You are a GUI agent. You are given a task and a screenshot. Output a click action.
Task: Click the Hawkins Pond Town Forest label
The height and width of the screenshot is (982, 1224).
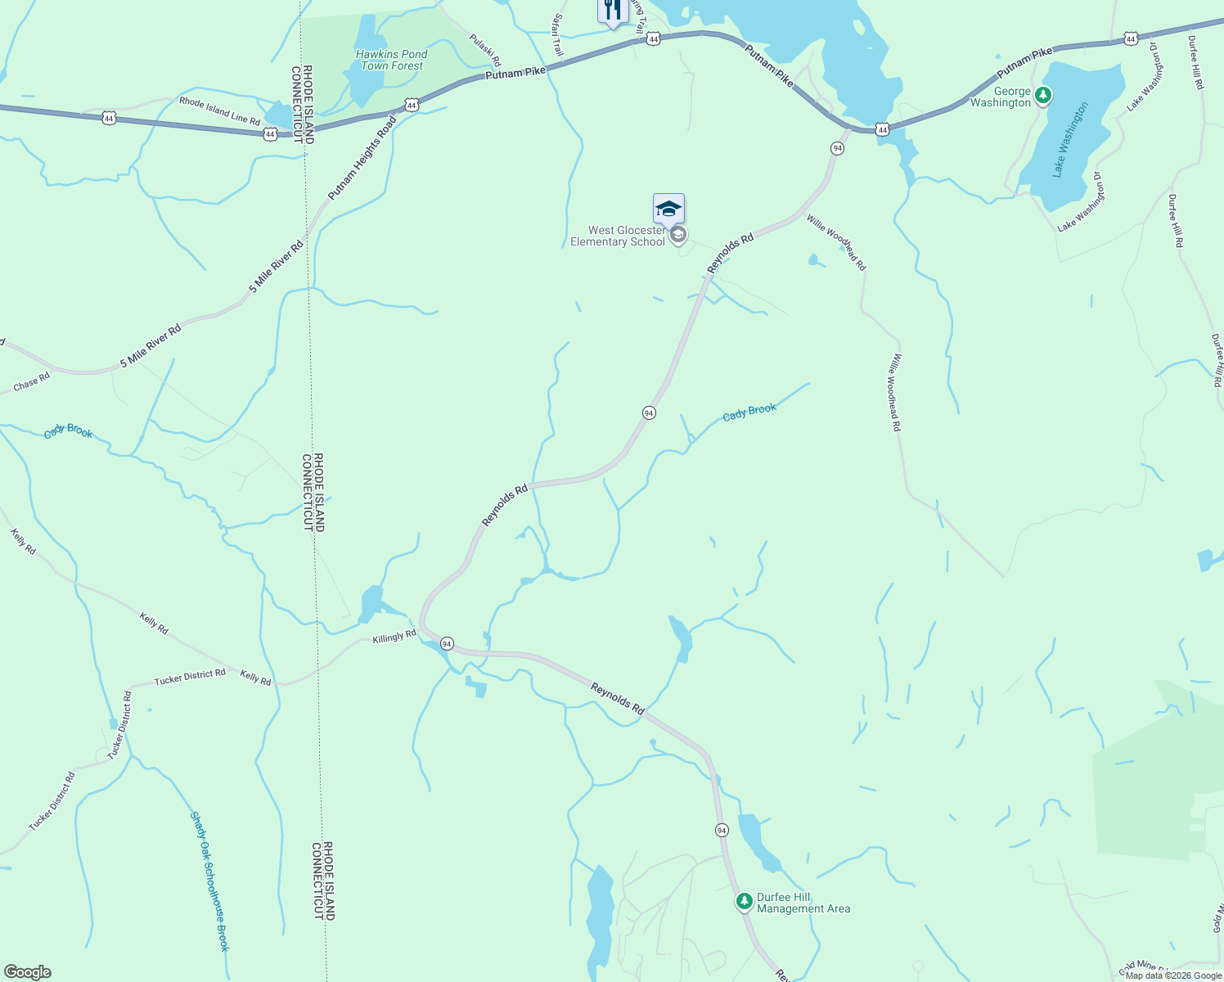(x=391, y=60)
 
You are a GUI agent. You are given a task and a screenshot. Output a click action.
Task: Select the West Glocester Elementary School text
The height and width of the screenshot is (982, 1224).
(x=618, y=236)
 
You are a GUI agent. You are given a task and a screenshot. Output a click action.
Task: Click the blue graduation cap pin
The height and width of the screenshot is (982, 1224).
(x=668, y=209)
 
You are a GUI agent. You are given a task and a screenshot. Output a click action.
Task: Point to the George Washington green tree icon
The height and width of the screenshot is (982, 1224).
(x=1042, y=97)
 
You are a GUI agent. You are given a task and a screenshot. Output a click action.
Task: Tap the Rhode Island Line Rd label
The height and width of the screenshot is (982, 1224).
(x=219, y=111)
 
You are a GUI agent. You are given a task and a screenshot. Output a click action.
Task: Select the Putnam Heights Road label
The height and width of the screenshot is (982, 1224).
(x=362, y=159)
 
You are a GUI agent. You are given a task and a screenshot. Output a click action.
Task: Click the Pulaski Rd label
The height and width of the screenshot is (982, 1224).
(x=484, y=50)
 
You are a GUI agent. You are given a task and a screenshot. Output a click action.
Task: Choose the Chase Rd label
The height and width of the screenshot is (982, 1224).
(x=32, y=382)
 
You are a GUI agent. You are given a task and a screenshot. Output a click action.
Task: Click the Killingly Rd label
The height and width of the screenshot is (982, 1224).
(x=394, y=637)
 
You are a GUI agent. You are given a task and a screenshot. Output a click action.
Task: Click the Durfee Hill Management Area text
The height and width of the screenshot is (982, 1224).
(x=803, y=903)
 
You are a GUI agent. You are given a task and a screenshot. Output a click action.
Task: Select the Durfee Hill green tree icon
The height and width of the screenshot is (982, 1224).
(x=744, y=902)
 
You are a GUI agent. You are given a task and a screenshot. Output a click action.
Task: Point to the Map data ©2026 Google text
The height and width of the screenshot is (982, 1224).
(x=1172, y=975)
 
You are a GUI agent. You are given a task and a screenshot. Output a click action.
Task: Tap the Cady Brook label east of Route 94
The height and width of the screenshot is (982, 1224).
(x=749, y=412)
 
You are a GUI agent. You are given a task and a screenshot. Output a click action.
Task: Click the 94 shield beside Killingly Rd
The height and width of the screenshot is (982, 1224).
(x=446, y=644)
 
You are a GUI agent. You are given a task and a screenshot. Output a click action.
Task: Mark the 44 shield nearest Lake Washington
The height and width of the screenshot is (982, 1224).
(x=1130, y=38)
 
